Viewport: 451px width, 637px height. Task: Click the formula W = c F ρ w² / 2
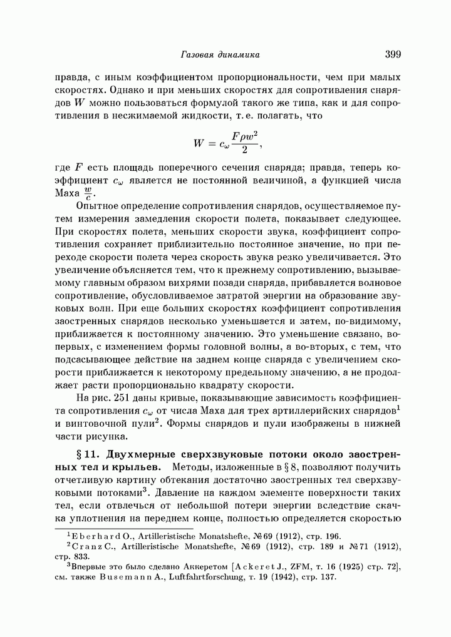point(226,144)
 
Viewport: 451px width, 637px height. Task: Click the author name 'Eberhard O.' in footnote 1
point(95,536)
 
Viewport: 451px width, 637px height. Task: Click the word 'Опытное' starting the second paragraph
point(98,206)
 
